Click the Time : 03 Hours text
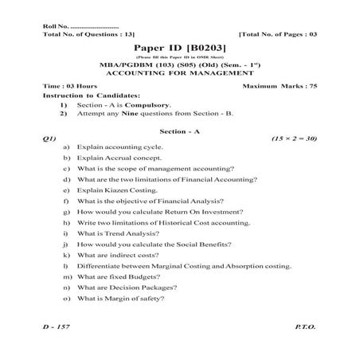(70, 84)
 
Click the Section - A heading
(180, 129)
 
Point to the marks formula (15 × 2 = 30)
(294, 139)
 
